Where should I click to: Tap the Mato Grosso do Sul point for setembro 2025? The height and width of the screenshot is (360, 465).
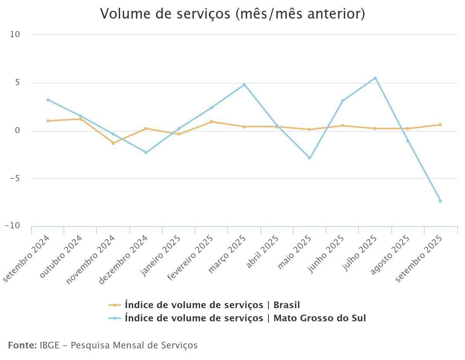(440, 201)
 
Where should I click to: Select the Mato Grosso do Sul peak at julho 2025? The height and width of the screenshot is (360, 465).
(375, 78)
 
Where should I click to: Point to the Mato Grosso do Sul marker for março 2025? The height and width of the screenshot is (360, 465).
(244, 84)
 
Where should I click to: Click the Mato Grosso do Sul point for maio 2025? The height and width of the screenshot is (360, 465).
(309, 158)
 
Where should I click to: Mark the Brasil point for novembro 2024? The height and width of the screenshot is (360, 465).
(113, 143)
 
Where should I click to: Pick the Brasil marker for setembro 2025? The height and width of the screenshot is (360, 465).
(440, 125)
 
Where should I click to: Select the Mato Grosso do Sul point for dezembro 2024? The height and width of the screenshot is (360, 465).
(146, 153)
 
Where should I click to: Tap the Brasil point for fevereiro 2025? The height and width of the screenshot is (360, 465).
(212, 122)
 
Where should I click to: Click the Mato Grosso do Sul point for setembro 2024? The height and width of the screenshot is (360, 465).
(48, 100)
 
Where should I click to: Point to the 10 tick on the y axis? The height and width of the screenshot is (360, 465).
(15, 34)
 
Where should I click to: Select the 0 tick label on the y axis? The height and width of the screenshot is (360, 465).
(17, 130)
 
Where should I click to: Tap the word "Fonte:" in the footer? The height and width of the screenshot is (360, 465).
(22, 345)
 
